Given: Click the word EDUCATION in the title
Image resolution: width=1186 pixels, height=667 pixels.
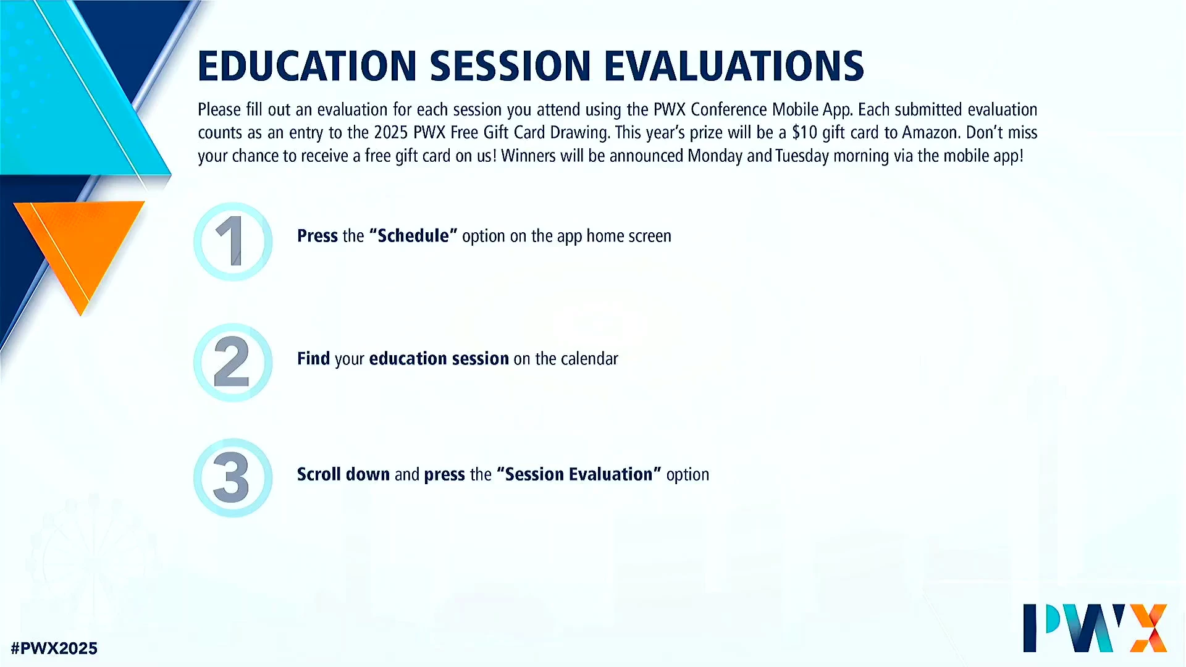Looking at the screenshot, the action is click(x=308, y=66).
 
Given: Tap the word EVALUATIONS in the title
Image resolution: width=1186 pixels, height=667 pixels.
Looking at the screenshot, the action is click(x=734, y=66).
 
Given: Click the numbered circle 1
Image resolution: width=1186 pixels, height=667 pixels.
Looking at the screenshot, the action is click(x=233, y=241).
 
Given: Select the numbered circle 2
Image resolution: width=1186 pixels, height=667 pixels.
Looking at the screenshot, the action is click(x=233, y=363).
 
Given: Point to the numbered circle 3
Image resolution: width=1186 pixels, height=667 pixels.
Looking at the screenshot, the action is click(x=233, y=477).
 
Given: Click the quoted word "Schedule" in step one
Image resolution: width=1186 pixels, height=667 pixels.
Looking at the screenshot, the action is click(x=413, y=236).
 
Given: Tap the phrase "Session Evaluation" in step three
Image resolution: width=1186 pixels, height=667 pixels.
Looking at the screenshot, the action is click(x=579, y=474).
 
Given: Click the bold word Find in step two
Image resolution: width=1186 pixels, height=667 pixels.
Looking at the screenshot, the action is click(x=313, y=359).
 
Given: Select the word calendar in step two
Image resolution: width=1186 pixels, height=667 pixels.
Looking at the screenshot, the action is click(x=589, y=359).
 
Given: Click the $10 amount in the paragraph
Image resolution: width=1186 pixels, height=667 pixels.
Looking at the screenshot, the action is click(x=805, y=133).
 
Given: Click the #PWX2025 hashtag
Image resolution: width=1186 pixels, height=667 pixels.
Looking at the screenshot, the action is click(x=54, y=648).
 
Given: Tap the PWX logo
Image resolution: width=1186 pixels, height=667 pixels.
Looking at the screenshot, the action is click(x=1095, y=628).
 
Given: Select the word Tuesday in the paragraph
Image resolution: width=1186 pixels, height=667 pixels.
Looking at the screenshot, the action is click(x=802, y=156).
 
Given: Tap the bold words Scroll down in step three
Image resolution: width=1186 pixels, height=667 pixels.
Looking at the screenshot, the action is click(x=343, y=474).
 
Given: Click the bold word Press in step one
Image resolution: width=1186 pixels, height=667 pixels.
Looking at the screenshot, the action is click(x=318, y=236).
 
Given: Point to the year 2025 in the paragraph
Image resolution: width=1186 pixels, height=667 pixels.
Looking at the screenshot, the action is click(x=391, y=133).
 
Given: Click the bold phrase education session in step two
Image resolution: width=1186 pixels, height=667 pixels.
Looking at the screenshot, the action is click(x=439, y=359).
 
